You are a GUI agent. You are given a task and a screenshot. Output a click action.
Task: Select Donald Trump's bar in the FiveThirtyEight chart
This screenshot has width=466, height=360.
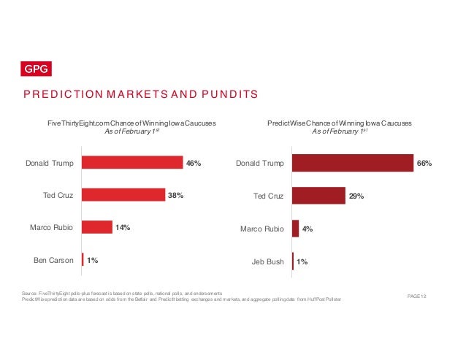[132, 163]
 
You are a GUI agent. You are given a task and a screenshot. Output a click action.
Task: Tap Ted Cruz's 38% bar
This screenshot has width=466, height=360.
[123, 195]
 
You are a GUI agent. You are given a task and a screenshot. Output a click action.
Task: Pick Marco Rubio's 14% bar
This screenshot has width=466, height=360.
[97, 227]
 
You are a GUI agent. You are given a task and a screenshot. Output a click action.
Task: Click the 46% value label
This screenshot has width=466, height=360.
[194, 164]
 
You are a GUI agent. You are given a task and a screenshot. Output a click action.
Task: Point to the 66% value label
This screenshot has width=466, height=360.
[424, 164]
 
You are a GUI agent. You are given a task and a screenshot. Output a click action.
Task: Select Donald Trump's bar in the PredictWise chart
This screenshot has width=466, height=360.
[353, 163]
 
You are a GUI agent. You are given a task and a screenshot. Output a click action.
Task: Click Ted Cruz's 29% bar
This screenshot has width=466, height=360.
[318, 196]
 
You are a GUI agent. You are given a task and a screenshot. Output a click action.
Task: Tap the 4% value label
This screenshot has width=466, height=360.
[308, 229]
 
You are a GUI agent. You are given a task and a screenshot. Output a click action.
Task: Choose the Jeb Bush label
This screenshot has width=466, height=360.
[267, 260]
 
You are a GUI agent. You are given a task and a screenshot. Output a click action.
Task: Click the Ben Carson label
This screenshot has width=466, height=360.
[53, 259]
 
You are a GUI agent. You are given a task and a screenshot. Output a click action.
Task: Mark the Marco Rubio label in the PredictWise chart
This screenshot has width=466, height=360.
[261, 229]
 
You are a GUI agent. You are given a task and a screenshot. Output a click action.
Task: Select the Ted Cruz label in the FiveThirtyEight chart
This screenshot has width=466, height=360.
[58, 195]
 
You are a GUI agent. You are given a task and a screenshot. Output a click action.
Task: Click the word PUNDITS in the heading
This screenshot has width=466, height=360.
[227, 94]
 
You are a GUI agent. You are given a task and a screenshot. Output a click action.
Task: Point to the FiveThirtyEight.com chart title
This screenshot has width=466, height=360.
[132, 123]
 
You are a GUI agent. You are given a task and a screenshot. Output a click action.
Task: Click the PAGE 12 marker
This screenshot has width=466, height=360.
[416, 294]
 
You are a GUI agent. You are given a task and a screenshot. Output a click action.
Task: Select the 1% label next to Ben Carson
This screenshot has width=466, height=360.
[93, 259]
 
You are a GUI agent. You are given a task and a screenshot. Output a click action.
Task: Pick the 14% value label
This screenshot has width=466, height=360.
[122, 228]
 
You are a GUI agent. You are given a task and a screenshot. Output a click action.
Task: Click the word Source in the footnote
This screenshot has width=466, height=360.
[31, 291]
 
